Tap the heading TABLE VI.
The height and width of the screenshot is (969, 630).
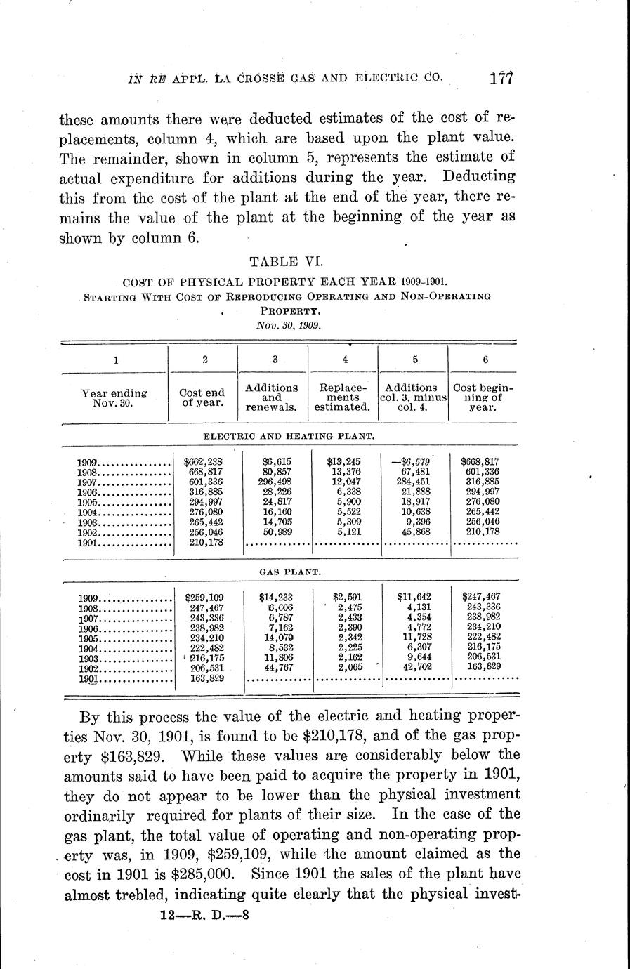287,262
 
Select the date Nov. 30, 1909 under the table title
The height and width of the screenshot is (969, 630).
287,326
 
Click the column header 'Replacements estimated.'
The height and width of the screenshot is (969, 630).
342,397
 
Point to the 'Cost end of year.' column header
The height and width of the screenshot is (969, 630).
202,397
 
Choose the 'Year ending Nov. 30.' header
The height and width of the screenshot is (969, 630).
114,398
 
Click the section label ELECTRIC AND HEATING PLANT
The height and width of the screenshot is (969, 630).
288,436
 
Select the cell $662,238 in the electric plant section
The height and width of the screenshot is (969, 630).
202,461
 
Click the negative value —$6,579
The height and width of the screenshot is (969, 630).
412,461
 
